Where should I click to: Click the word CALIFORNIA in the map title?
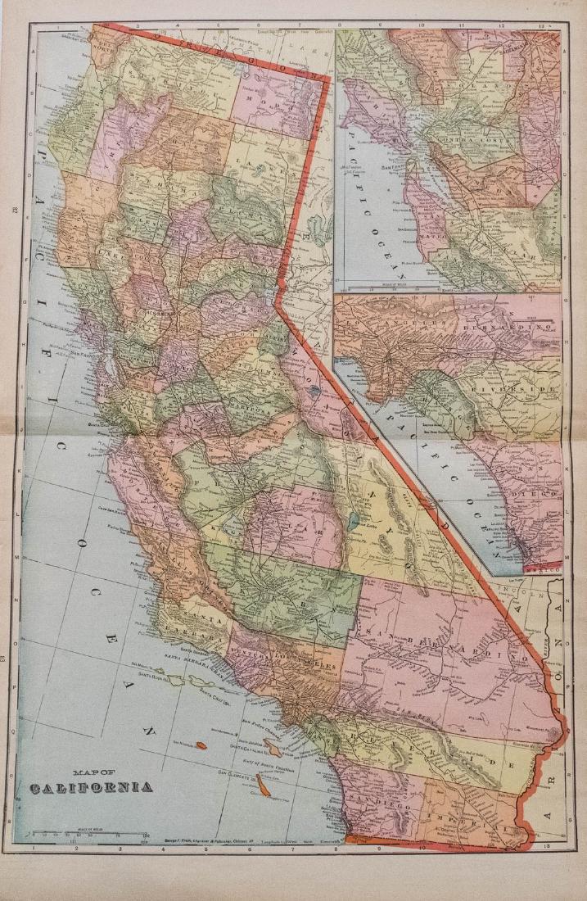91,788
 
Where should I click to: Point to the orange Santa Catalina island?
277,743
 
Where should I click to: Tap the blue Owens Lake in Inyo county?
353,520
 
